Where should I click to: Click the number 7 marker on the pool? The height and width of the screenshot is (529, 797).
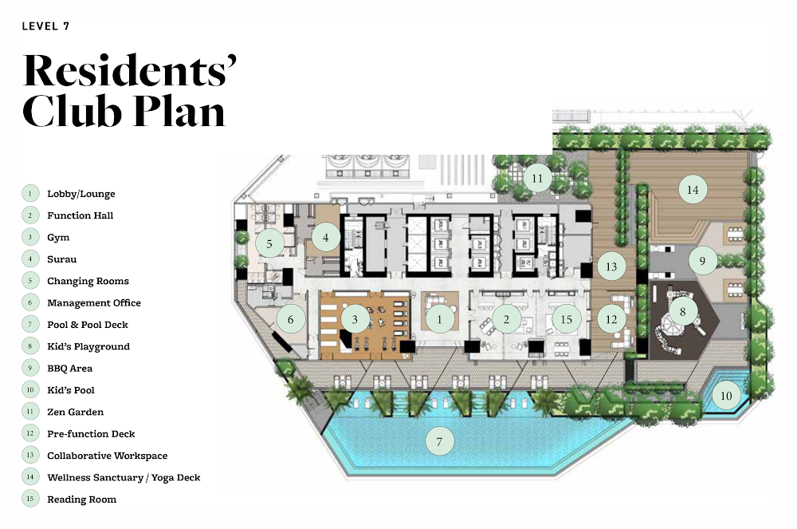tap(440, 441)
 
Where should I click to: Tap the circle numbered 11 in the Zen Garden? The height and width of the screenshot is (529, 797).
tap(537, 179)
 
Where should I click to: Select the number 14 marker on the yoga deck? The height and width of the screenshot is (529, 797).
tap(693, 190)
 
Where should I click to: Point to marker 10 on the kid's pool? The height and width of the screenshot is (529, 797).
tap(726, 395)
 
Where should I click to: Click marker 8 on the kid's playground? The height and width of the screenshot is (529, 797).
tap(683, 311)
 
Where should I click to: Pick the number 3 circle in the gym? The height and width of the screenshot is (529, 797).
tap(355, 319)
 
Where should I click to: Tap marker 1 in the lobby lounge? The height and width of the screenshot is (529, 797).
tap(440, 319)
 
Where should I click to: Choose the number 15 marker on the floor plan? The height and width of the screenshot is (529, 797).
tap(566, 319)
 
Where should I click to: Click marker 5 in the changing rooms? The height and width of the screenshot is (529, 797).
tap(269, 243)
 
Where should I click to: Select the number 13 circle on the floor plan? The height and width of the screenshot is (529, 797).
tap(611, 266)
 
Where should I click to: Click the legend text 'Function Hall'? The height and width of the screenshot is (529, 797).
tap(80, 215)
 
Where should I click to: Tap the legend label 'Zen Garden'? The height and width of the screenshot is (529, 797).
tap(75, 412)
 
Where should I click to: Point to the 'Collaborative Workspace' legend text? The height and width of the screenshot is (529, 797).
tap(108, 456)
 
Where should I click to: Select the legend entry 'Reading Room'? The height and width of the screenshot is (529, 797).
tap(82, 499)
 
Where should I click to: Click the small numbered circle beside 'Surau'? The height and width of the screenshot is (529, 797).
tap(30, 259)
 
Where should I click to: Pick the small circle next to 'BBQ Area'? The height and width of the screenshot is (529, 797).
tap(30, 369)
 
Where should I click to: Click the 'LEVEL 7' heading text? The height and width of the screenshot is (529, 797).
tap(45, 26)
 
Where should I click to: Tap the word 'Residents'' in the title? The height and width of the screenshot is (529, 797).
tap(130, 70)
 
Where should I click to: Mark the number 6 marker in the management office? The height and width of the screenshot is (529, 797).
tap(291, 319)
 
